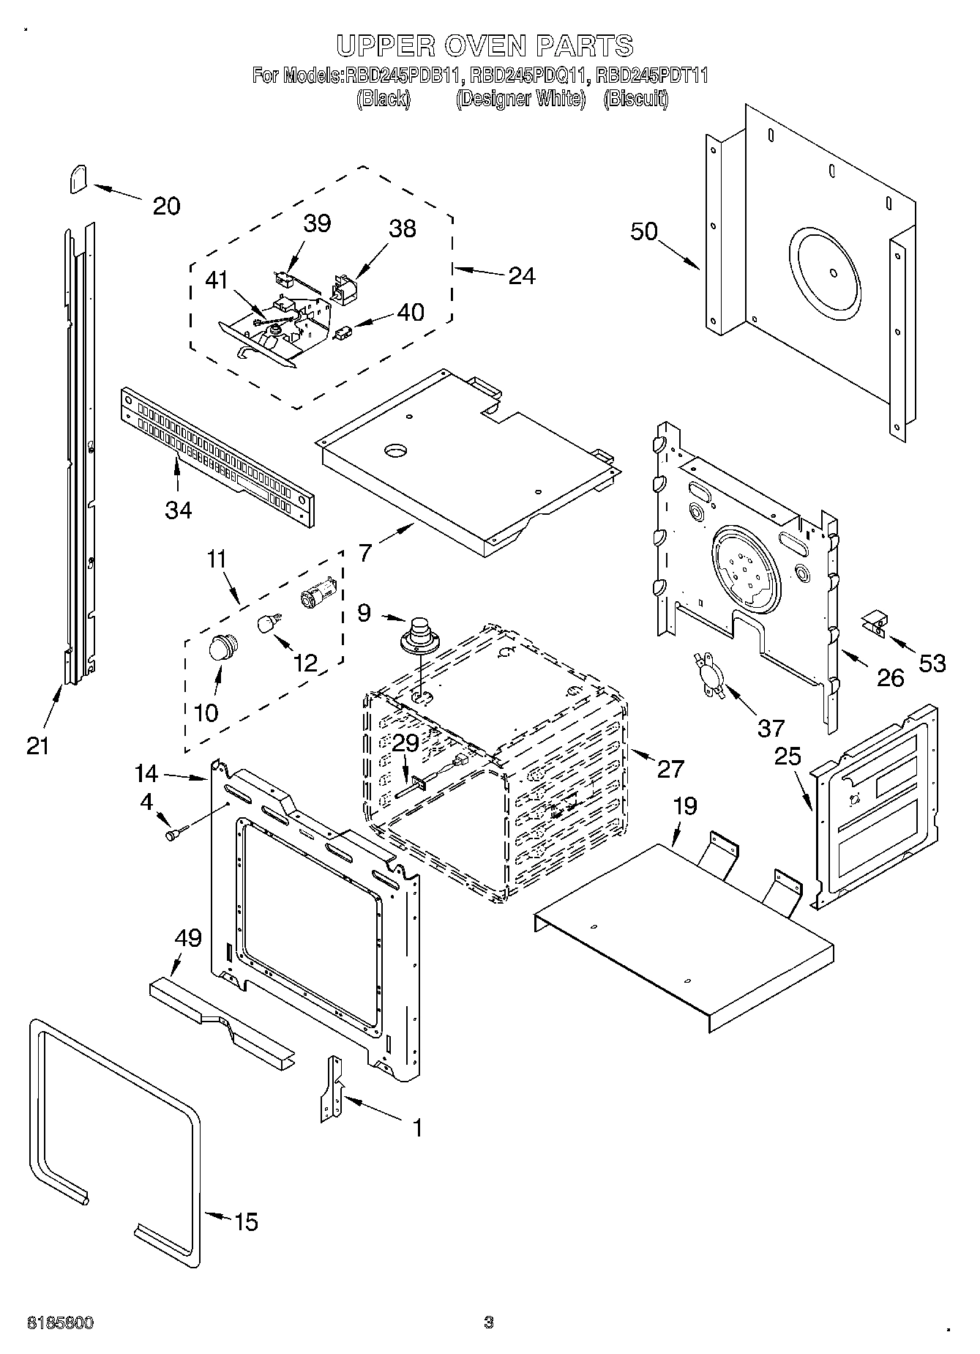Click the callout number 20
pos(166,206)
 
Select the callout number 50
pos(644,232)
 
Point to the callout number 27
pos(670,768)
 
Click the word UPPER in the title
pos(384,46)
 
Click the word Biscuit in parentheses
pos(635,99)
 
